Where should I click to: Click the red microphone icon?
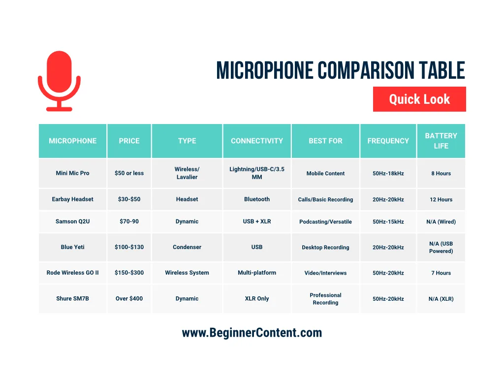pos(59,80)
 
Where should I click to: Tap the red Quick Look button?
pos(419,99)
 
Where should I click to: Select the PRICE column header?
pos(129,141)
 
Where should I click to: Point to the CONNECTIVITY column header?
pos(257,141)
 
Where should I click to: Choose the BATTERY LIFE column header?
pos(441,141)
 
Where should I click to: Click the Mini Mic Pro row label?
pos(73,173)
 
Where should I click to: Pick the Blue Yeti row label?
pos(73,247)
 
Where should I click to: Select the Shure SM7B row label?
pos(73,299)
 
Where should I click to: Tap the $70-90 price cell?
pos(129,221)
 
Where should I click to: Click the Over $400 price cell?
pos(129,299)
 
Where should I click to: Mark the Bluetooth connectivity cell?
pos(257,199)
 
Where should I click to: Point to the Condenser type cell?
pos(187,247)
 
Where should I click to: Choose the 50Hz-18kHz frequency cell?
pos(388,173)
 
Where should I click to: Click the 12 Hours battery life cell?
pos(441,200)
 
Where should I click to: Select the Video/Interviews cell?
pos(325,273)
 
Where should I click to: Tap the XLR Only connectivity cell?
pos(257,299)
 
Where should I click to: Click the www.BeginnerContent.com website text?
pos(252,333)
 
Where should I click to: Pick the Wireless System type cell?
pos(187,273)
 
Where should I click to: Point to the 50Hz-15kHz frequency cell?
pos(388,222)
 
